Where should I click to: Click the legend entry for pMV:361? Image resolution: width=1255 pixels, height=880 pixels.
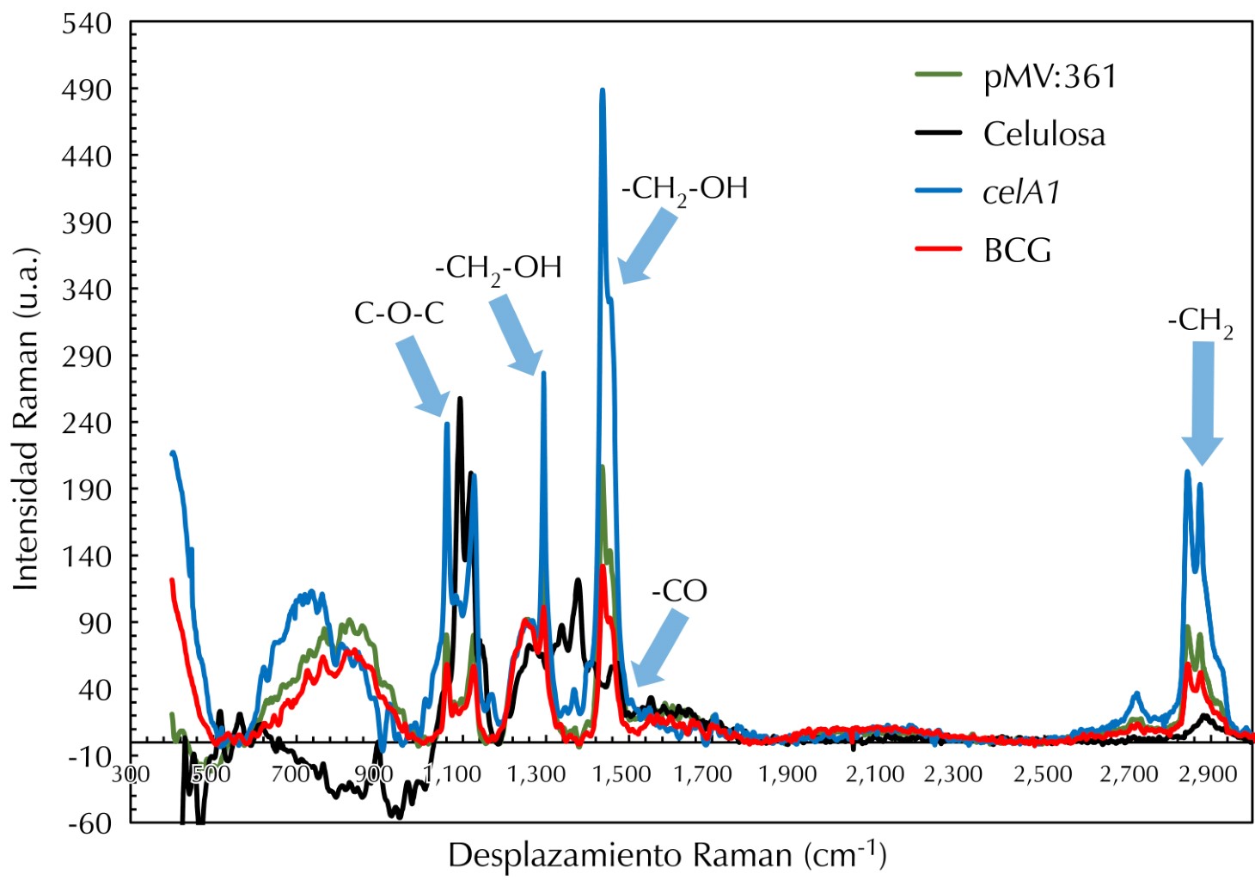tap(1050, 77)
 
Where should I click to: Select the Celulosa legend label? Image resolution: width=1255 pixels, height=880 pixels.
tap(1044, 135)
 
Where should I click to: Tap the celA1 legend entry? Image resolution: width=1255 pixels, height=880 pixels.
tap(1021, 192)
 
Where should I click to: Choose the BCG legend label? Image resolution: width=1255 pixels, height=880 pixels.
tap(1017, 251)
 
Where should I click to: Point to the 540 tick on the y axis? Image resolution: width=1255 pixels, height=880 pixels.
tap(88, 24)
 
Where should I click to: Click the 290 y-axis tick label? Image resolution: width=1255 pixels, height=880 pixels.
tap(88, 357)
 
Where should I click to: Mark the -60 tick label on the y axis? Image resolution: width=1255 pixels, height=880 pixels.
tap(90, 823)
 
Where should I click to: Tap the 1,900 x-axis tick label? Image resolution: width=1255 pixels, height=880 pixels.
tap(787, 774)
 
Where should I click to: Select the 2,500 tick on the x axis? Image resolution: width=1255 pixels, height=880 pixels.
tap(1043, 774)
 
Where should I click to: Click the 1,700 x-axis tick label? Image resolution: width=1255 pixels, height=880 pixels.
tap(702, 774)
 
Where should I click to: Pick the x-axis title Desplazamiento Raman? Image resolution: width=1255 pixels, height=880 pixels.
tap(667, 856)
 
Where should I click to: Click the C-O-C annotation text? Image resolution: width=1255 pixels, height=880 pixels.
tap(399, 314)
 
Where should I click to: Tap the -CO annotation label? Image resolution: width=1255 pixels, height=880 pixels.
tap(679, 591)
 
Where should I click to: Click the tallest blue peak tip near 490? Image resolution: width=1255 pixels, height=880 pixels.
tap(603, 90)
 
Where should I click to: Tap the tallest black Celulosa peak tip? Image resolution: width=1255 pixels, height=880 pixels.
tap(460, 399)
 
